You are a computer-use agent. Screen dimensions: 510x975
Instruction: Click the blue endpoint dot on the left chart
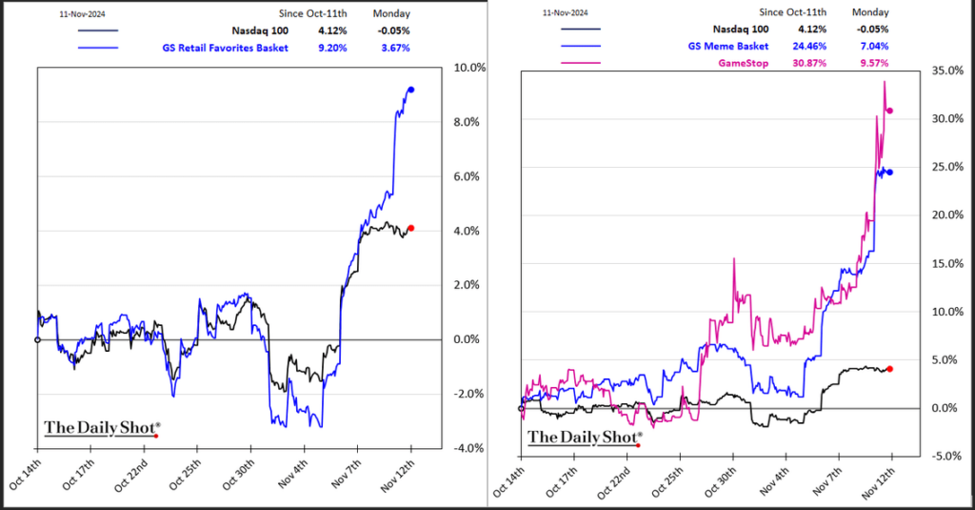click(x=410, y=90)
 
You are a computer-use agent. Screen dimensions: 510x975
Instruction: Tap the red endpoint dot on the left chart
click(x=410, y=228)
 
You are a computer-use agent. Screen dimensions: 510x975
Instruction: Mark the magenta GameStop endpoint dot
click(x=889, y=111)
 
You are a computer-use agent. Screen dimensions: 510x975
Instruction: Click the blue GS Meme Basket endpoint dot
click(x=889, y=173)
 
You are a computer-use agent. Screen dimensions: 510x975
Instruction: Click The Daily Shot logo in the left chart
click(x=101, y=428)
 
